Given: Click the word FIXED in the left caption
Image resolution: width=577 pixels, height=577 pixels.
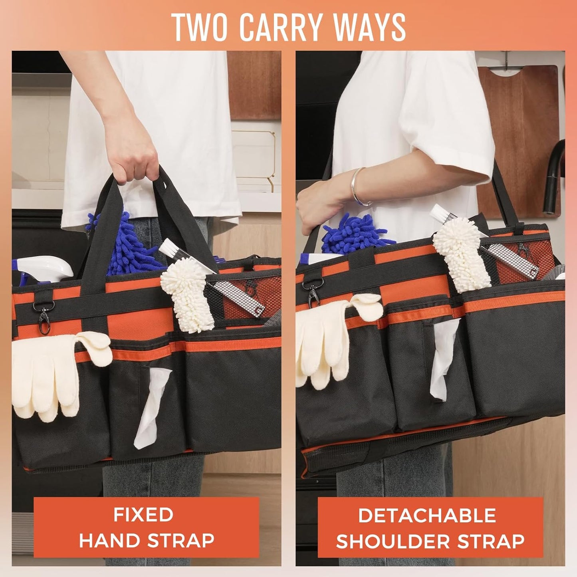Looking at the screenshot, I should coord(143,515).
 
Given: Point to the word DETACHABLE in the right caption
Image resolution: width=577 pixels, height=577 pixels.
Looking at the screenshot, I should coord(427,516).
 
